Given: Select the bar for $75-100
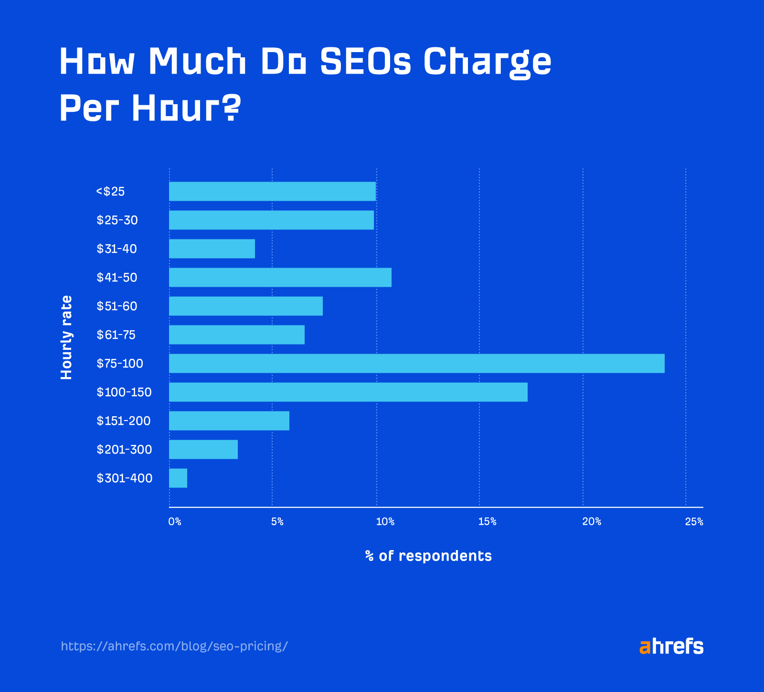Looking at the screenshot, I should click(416, 363).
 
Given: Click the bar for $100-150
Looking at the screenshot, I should click(348, 392).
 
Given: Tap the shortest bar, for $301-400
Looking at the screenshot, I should click(178, 478).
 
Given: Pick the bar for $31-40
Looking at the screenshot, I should click(212, 249).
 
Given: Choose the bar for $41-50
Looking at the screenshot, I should click(280, 277).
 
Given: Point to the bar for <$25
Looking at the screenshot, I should click(272, 191).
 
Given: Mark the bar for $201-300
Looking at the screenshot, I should click(203, 449).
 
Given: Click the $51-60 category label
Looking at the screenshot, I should click(117, 306).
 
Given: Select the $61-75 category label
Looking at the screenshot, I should click(116, 335).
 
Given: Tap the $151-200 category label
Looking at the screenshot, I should click(124, 421).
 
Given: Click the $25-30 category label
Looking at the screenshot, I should click(117, 220).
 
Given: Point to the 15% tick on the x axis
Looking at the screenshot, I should click(487, 522).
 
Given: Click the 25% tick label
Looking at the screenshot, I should click(694, 522).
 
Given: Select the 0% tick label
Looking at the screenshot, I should click(175, 522).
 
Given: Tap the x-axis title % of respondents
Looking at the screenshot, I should click(428, 556).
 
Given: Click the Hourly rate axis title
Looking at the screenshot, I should click(66, 337).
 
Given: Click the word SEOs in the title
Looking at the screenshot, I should click(365, 62).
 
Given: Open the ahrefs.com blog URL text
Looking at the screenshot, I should click(174, 646).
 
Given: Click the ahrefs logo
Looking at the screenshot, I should click(671, 646).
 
